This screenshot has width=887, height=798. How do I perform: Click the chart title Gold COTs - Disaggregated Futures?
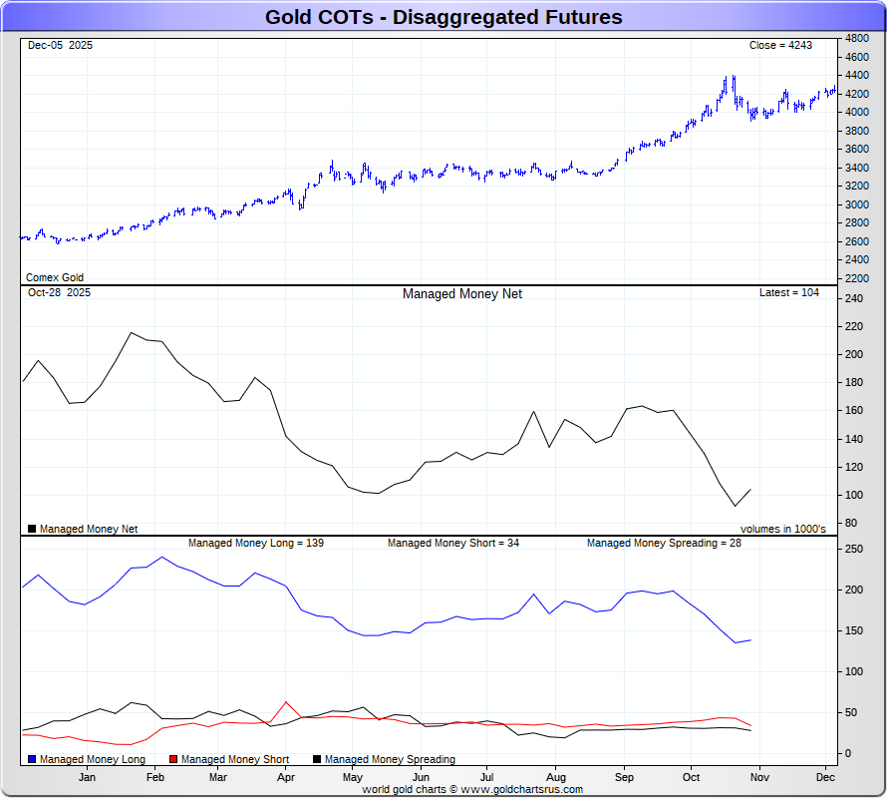pyautogui.click(x=443, y=17)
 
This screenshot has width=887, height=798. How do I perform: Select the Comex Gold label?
pyautogui.click(x=55, y=277)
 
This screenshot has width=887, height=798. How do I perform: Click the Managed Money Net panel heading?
pyautogui.click(x=461, y=294)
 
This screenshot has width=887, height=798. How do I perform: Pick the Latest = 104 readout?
pyautogui.click(x=789, y=293)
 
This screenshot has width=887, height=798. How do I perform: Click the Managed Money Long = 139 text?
pyautogui.click(x=256, y=544)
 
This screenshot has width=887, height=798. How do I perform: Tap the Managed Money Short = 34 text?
pyautogui.click(x=453, y=544)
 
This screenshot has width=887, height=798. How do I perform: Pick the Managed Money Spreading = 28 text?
pyautogui.click(x=664, y=544)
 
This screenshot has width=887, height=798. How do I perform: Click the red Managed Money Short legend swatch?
pyautogui.click(x=174, y=759)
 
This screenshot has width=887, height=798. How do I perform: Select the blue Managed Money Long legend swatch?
pyautogui.click(x=33, y=759)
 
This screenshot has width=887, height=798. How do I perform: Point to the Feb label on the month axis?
pyautogui.click(x=155, y=776)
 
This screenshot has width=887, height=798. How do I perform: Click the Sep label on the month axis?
pyautogui.click(x=624, y=776)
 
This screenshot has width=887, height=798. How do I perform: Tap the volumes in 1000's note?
pyautogui.click(x=782, y=529)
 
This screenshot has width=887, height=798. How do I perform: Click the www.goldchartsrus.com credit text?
pyautogui.click(x=516, y=789)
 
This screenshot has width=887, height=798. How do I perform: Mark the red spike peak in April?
pyautogui.click(x=287, y=702)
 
